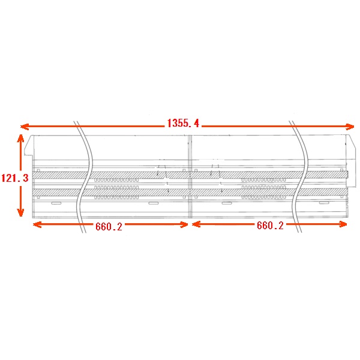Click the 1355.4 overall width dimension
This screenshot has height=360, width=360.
pos(183,123)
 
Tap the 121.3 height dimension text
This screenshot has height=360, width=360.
pos(15,178)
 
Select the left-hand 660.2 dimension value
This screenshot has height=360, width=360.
pos(109,227)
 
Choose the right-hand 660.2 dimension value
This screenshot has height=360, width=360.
pos(270,225)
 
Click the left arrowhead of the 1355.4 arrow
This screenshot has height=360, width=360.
pos(25,127)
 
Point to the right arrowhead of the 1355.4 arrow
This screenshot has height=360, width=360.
pos(350,127)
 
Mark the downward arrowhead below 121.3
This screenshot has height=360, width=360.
pos(20,212)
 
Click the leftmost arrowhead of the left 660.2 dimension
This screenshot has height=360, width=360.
pos(37,224)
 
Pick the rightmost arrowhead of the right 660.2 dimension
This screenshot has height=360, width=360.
pos(343,224)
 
